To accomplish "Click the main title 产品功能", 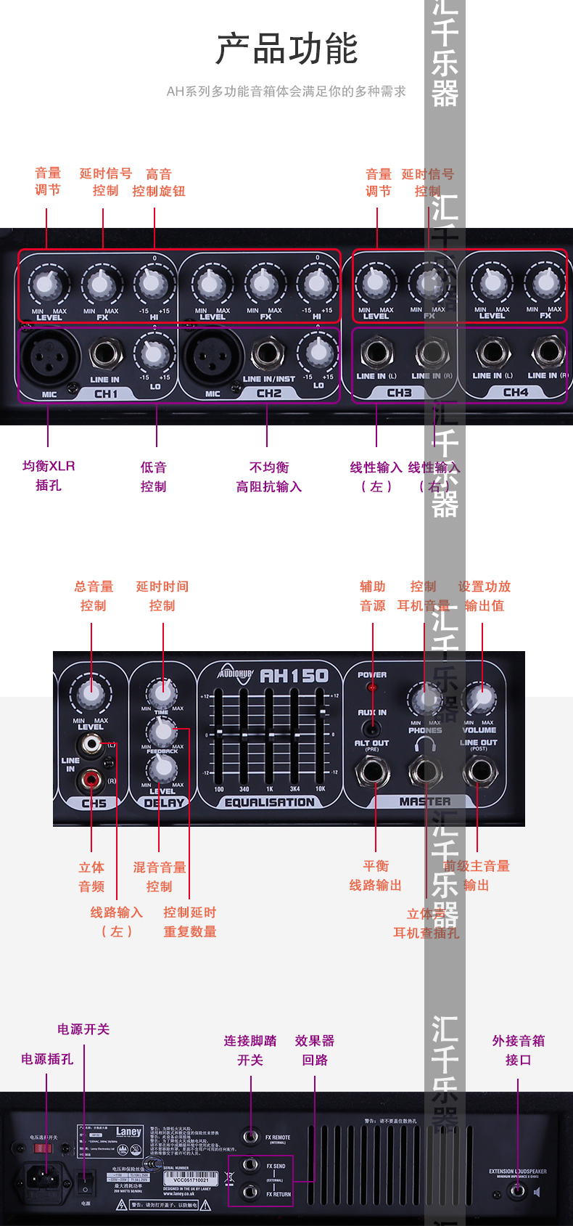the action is (287, 49).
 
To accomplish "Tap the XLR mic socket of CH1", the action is (49, 355).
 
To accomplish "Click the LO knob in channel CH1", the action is (153, 354).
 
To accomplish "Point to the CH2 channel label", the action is (269, 393).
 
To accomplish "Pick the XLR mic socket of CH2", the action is (213, 355).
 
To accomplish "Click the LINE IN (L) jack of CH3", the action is (376, 354).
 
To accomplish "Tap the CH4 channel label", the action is (516, 392).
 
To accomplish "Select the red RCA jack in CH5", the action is (91, 780).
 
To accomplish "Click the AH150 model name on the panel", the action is (294, 676).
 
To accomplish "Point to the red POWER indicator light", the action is (372, 687).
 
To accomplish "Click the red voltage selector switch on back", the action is (44, 1148).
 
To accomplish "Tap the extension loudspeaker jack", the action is (517, 1191).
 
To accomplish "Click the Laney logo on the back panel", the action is (128, 1132).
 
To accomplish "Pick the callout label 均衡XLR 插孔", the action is (49, 475).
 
